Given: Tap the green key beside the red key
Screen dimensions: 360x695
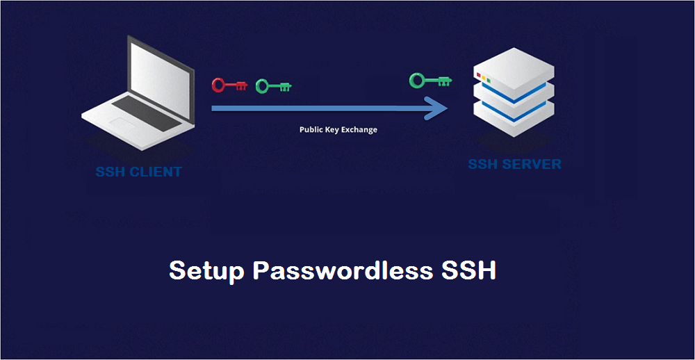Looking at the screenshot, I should [272, 86].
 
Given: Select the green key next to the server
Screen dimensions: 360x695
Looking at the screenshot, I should [430, 81].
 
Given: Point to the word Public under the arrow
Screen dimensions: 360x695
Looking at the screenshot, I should [312, 130].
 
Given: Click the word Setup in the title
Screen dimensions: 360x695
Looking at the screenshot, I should [206, 270].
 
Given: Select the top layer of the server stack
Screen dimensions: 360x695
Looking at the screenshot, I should [514, 69].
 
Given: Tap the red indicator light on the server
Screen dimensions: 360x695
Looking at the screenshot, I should [478, 75].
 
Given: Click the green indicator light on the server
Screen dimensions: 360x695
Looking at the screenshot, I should [489, 81].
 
